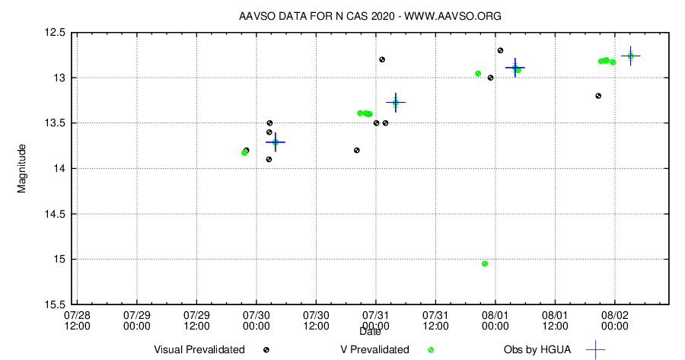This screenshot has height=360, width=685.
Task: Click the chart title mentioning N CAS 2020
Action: click(x=369, y=16)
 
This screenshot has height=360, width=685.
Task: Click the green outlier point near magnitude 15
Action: click(x=485, y=263)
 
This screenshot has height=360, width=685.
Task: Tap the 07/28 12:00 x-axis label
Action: click(x=77, y=320)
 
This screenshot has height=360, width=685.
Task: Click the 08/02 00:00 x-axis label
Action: click(x=615, y=320)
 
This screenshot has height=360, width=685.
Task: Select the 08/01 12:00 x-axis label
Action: click(x=555, y=320)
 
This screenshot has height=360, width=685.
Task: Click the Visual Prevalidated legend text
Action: click(x=199, y=350)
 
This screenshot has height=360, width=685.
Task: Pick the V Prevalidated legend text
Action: click(x=374, y=350)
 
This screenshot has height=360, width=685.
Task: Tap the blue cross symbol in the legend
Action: click(x=595, y=350)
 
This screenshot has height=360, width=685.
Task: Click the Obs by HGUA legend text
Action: click(x=537, y=350)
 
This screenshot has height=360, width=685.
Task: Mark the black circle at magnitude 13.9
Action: click(x=269, y=159)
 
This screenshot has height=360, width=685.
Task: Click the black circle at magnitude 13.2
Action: click(x=598, y=96)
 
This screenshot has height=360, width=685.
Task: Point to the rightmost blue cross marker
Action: click(x=630, y=56)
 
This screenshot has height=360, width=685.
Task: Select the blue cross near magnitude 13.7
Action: click(x=276, y=142)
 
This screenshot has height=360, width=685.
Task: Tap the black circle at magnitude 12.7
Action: click(x=500, y=50)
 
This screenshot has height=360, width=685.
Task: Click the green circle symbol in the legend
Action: click(x=431, y=350)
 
